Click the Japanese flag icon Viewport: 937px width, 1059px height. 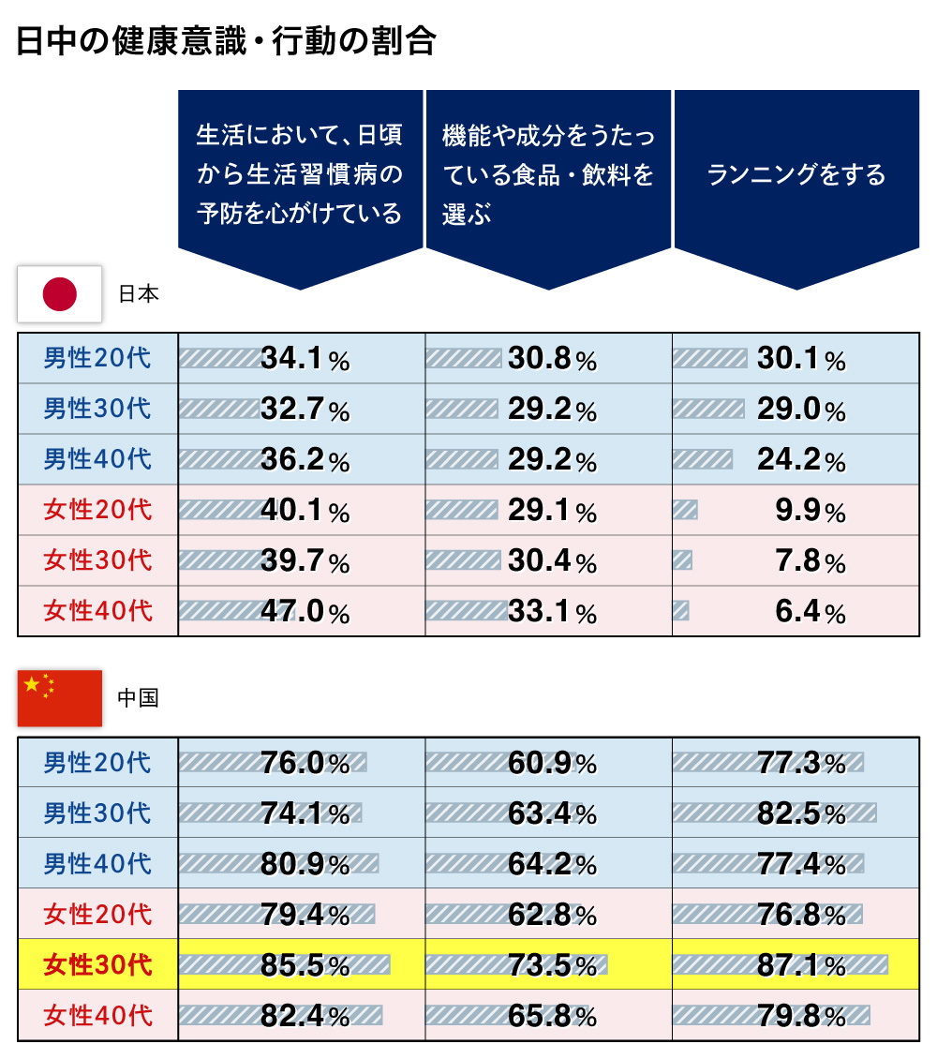click(60, 294)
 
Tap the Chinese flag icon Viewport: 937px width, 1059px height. click(60, 698)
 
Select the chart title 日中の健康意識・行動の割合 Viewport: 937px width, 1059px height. click(226, 42)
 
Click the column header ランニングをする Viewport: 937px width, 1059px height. click(796, 175)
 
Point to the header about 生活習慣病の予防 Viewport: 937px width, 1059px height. click(300, 175)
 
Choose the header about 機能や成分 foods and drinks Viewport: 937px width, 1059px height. click(548, 175)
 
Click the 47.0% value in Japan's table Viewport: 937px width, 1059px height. click(305, 612)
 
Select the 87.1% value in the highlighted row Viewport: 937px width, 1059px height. click(800, 964)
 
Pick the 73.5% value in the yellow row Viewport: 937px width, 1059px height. click(552, 964)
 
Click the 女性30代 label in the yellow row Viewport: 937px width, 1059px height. click(97, 964)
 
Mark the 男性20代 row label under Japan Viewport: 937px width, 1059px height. click(97, 359)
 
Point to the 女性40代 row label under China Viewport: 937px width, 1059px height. click(97, 1015)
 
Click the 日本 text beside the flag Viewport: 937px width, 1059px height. click(139, 293)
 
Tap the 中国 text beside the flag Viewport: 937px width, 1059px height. click(139, 698)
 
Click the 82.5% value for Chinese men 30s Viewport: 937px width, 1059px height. click(800, 813)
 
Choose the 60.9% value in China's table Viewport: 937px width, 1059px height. click(552, 763)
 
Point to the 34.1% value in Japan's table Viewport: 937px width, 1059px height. click(305, 359)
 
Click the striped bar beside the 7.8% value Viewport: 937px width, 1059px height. click(683, 560)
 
